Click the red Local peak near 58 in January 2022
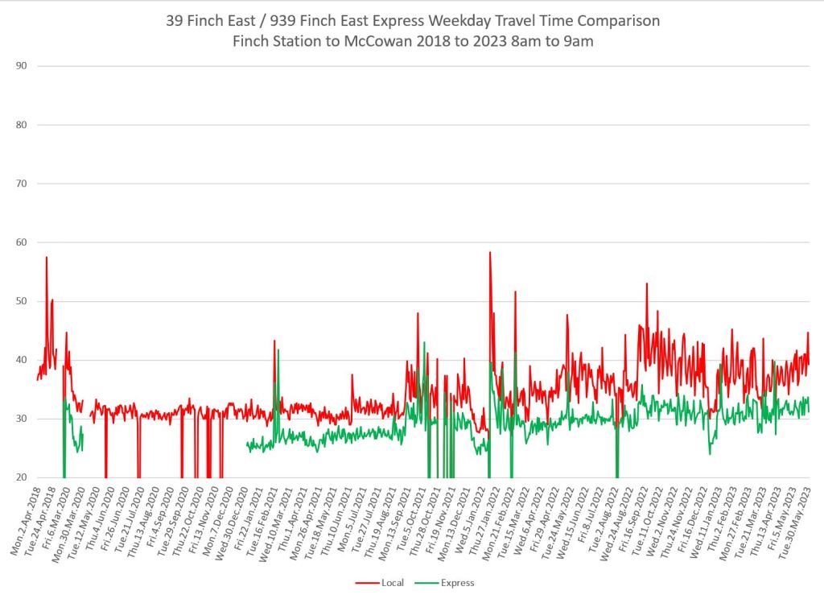click(489, 253)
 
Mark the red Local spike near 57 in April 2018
click(47, 258)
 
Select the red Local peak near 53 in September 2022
click(646, 283)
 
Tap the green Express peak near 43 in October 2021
click(424, 343)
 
